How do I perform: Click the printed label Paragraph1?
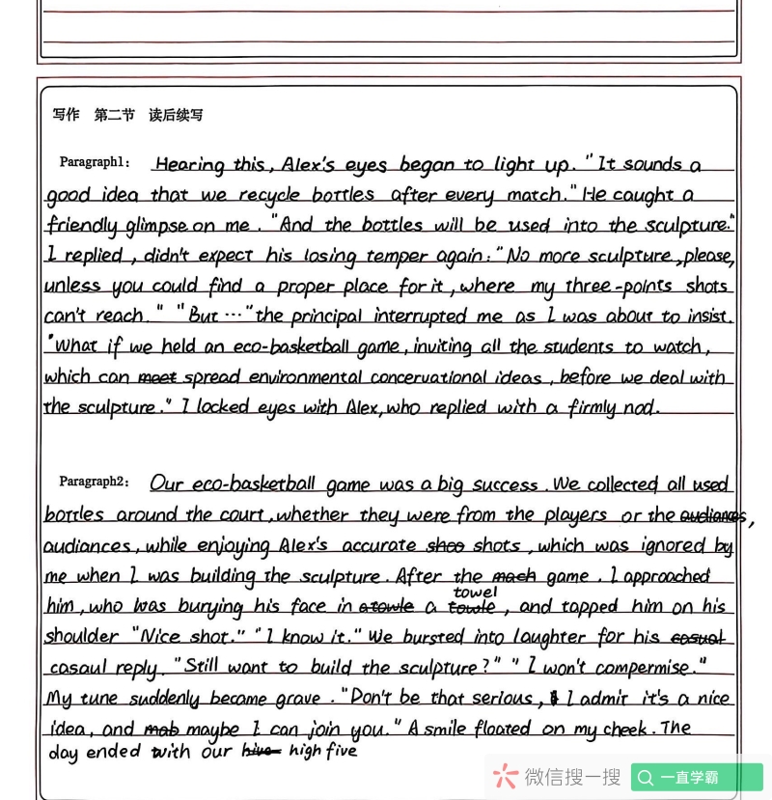(95, 162)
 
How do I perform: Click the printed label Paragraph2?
(94, 482)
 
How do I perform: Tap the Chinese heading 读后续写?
(176, 115)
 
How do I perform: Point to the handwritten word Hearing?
(189, 165)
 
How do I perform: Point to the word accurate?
(372, 546)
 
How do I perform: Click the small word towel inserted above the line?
(475, 592)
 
